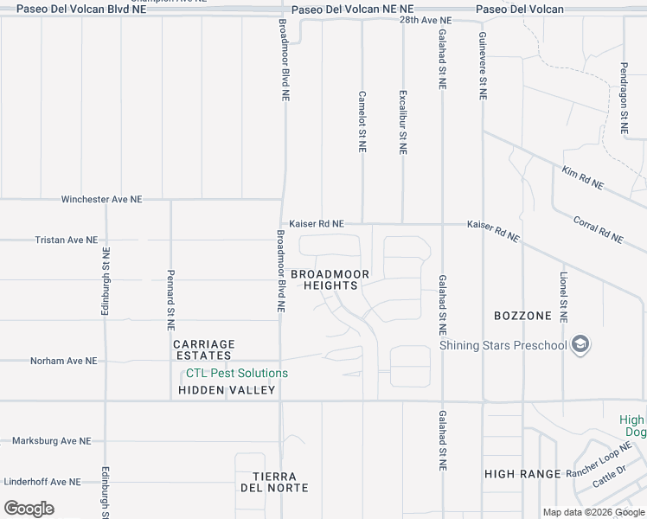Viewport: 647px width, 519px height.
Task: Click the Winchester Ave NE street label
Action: pos(101,200)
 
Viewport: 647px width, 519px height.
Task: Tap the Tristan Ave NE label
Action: pos(67,240)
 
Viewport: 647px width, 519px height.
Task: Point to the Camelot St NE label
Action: pos(362,122)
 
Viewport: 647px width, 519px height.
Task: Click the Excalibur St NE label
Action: pos(402,122)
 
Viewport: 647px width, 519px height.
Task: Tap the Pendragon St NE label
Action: pos(624,97)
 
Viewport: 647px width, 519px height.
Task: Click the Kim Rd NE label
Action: pos(582,178)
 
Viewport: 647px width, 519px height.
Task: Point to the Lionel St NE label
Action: pos(563,297)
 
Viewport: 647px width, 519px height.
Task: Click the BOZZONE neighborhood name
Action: pos(522,316)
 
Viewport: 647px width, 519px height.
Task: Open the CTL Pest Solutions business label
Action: pos(237,374)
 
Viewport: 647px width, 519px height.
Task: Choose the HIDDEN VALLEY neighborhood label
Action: pos(227,390)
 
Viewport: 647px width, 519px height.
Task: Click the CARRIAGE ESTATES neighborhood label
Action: pos(203,349)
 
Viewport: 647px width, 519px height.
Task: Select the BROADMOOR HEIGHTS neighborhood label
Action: pos(330,279)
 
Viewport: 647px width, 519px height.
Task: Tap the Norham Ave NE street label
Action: pos(64,361)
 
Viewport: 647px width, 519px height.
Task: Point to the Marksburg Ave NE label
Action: pos(51,441)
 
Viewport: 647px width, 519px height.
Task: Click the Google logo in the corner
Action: pos(29,509)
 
